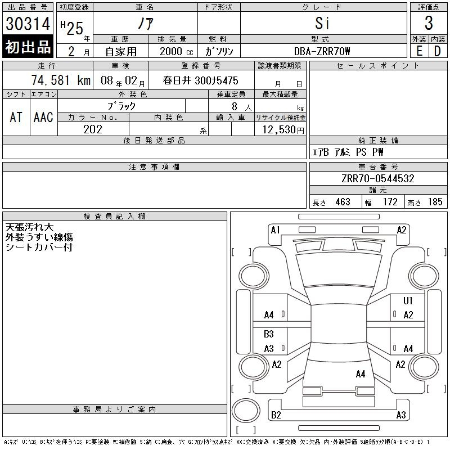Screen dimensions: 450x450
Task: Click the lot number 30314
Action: tap(28, 24)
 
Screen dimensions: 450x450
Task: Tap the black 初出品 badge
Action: tap(28, 47)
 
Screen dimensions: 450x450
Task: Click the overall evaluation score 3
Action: tap(429, 24)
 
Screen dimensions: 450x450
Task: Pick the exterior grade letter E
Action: tap(420, 51)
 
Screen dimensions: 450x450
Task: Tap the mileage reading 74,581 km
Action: tap(61, 80)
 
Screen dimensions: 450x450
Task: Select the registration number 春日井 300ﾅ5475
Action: tap(200, 81)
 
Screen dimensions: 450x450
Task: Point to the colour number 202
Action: tap(93, 129)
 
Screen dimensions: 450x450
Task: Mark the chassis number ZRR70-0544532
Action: tap(378, 178)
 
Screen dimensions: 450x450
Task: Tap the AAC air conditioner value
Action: tap(43, 117)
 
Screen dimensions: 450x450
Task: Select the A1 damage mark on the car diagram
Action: tap(275, 230)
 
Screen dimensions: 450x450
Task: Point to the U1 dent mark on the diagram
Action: tap(408, 301)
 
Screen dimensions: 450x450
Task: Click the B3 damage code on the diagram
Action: tap(269, 334)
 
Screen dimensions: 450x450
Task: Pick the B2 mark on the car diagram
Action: tap(276, 415)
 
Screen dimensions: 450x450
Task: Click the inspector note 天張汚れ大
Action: tap(29, 228)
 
